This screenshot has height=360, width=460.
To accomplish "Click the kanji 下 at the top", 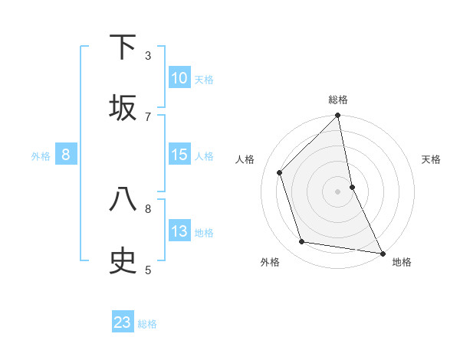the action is coord(123,47).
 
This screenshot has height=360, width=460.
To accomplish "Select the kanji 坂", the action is coord(123,107).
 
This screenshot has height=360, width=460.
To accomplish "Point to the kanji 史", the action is coord(123,260).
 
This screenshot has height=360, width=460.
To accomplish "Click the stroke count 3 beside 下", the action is coord(148,55).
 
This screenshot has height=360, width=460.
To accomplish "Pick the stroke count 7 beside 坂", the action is coord(148,116).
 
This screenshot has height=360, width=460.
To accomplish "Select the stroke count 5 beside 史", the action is coord(148,269).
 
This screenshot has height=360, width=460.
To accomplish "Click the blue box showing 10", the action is coord(179,78).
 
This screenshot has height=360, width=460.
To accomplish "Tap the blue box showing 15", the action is coord(179,155).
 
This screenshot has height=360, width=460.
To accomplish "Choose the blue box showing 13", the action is coord(179,231).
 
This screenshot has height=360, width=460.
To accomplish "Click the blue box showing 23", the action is coord(123,322).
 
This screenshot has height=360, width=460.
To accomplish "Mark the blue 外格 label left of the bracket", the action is coord(41,156).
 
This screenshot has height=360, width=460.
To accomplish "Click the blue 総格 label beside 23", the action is coord(147,324).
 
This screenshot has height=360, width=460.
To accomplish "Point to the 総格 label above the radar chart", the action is coord(338,100).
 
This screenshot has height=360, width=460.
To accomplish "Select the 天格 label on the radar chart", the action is coord(432,159).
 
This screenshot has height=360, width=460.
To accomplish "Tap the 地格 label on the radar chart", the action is coord(402,262).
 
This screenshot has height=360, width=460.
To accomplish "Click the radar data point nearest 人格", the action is coord(280,172).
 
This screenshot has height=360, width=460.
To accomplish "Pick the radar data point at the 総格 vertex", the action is coord(338,116).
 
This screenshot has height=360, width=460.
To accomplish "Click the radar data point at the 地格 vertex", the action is coord(382,253).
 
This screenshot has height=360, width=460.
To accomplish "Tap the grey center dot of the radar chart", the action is coord(338,191).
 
